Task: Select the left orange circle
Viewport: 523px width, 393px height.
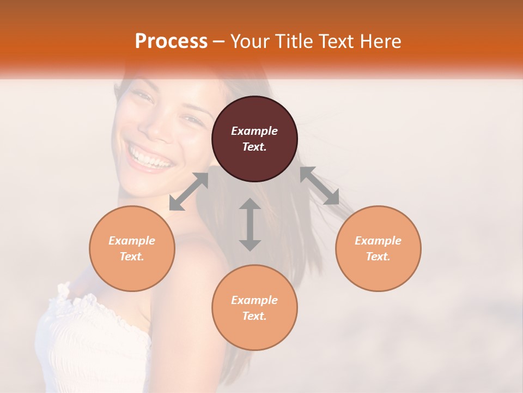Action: point(132,248)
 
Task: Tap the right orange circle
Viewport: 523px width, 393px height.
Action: point(378,248)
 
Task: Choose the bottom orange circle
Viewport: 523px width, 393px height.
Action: point(254,308)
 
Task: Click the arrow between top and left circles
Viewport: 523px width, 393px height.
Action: point(188,192)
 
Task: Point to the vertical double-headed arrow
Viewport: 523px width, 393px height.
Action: point(250,224)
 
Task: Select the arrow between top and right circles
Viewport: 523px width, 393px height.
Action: point(320,186)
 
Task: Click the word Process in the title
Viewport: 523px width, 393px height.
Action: point(171,41)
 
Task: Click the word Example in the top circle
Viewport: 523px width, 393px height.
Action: point(254,131)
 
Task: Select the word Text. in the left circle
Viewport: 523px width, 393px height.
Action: point(132,257)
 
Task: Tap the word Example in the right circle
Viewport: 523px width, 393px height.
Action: point(378,241)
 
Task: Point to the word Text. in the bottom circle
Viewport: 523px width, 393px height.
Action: point(254,316)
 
